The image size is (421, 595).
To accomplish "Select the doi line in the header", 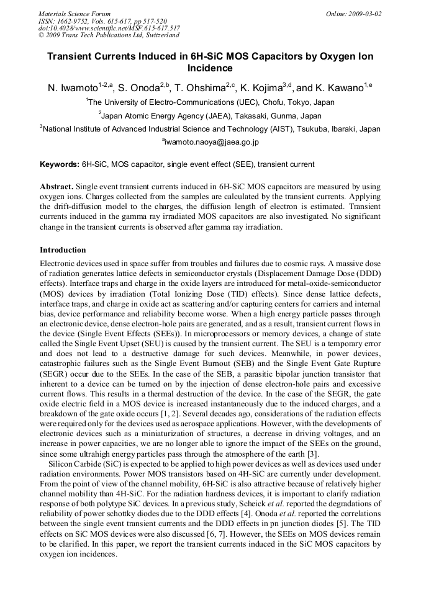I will click(x=109, y=29).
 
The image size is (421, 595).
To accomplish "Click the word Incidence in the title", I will click(x=210, y=68).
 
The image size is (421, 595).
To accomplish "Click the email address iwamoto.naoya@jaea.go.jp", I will click(x=211, y=142).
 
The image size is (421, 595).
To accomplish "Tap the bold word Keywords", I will click(x=59, y=164).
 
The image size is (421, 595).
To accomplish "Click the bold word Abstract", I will click(x=57, y=187).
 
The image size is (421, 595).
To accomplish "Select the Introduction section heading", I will click(x=63, y=250).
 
